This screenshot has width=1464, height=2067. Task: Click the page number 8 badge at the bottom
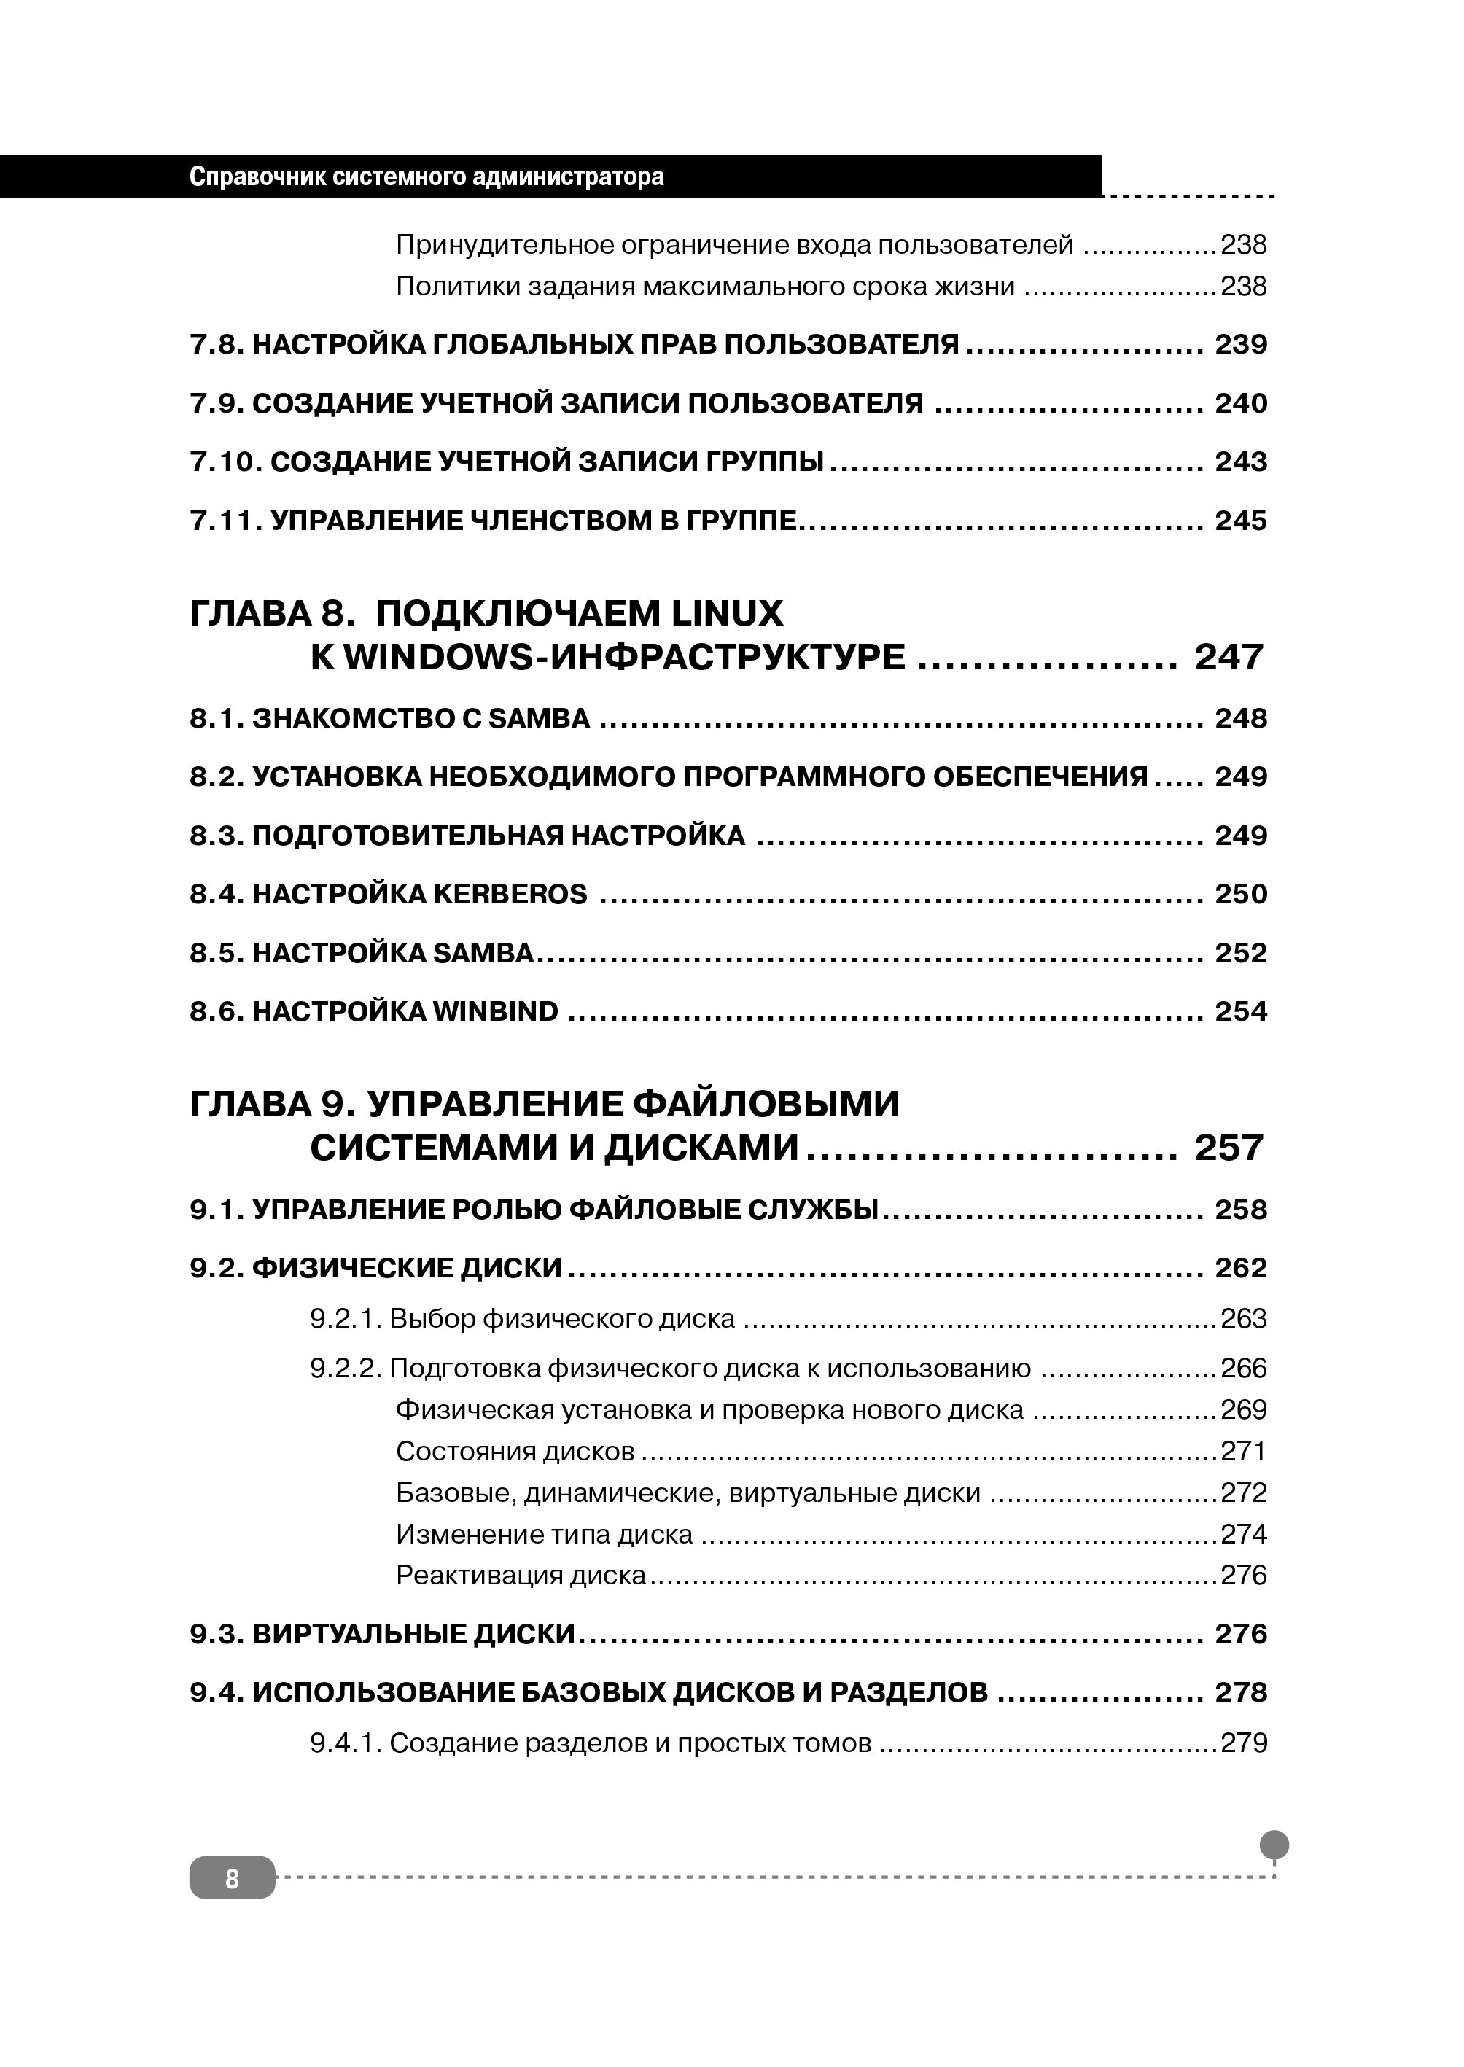click(232, 1877)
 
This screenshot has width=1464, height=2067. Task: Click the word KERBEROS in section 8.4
click(510, 894)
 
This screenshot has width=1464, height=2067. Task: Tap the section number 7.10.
click(225, 462)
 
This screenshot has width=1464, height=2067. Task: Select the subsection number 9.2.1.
click(346, 1320)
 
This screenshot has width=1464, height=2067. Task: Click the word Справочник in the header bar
click(254, 176)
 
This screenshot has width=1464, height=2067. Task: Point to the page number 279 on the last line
click(1244, 1743)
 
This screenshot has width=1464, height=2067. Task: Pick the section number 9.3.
click(217, 1635)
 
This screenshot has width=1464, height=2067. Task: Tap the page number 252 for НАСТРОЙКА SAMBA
click(1242, 953)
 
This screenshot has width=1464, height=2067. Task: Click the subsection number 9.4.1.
click(346, 1743)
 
